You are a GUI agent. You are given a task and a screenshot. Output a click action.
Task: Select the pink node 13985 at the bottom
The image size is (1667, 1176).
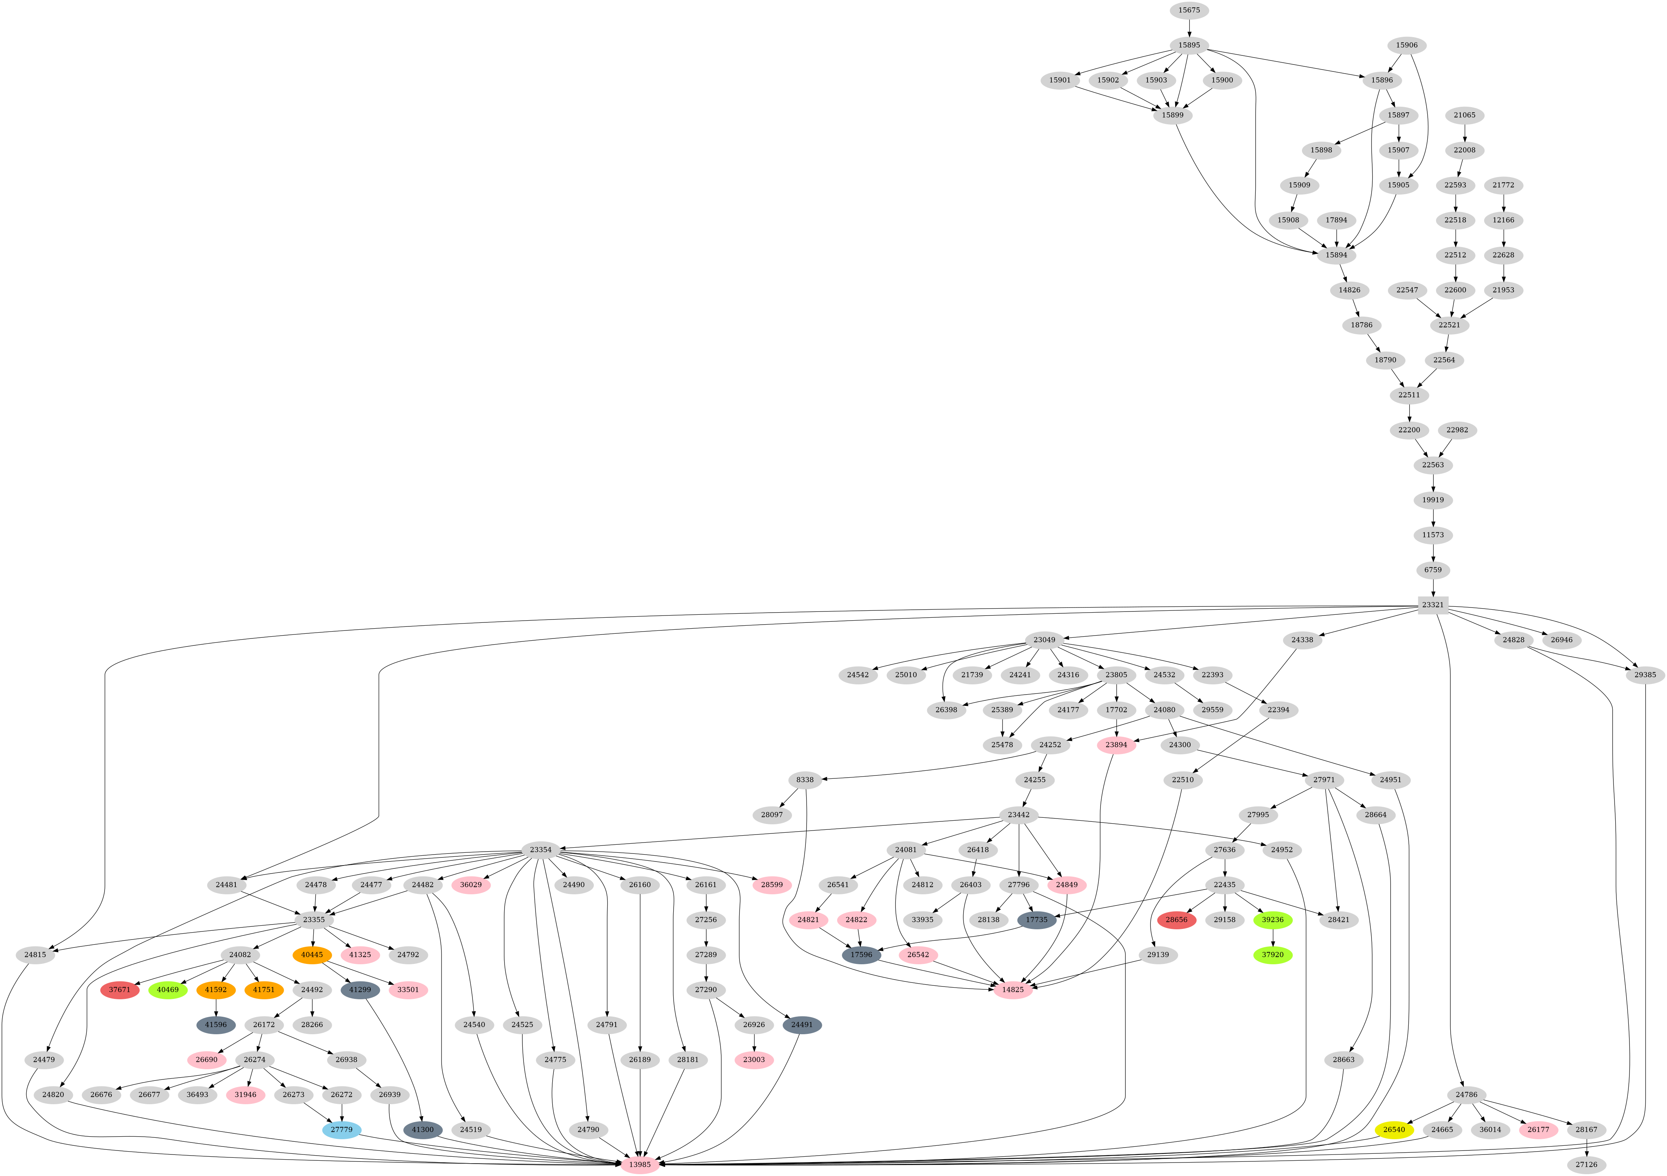click(x=640, y=1164)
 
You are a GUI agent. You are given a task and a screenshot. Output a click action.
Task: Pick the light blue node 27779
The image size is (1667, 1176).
click(x=341, y=1129)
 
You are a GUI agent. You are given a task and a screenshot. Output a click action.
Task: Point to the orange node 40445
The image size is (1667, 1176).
click(x=312, y=954)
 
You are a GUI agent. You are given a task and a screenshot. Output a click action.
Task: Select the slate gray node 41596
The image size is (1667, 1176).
click(x=216, y=1025)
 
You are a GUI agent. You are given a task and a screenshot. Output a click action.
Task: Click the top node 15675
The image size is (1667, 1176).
click(x=1189, y=10)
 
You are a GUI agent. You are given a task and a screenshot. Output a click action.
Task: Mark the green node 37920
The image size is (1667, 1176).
click(x=1273, y=954)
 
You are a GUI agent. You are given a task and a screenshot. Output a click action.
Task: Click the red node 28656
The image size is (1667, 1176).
click(x=1176, y=919)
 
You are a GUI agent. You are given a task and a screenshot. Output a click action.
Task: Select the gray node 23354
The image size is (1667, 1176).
click(x=540, y=850)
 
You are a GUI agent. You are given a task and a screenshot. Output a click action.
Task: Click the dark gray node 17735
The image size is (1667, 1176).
click(x=1037, y=919)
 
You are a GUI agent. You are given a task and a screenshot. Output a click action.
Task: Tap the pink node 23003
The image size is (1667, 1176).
click(x=754, y=1060)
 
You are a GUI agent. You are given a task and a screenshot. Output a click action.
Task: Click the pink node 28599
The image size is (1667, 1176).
click(x=772, y=885)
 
